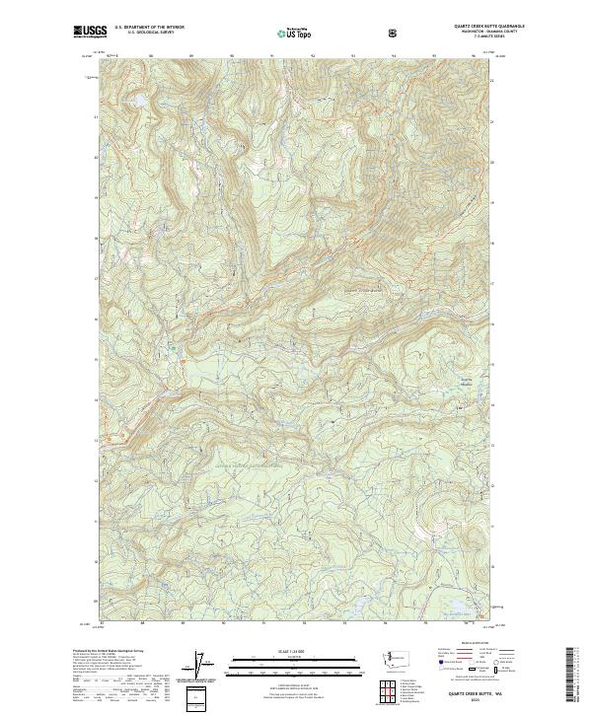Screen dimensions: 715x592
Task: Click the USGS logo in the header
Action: [90, 33]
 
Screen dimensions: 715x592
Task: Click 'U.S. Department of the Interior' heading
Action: [148, 28]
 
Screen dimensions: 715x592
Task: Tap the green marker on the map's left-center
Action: [173, 346]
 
